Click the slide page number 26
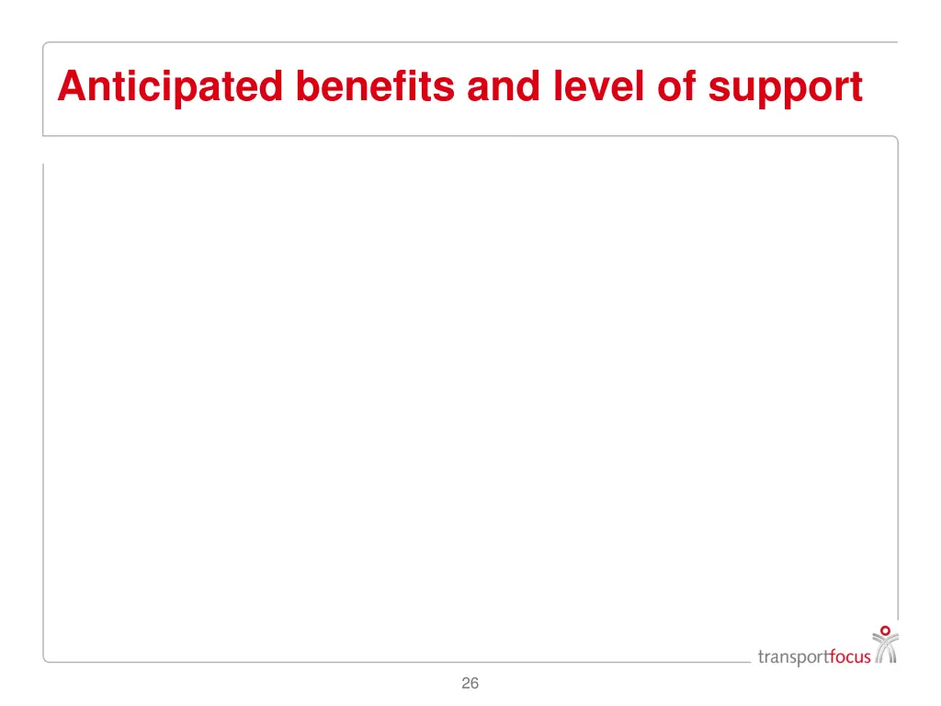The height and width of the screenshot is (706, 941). (x=470, y=683)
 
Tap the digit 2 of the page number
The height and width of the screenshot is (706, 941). (x=466, y=683)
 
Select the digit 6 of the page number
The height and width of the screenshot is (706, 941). (x=475, y=683)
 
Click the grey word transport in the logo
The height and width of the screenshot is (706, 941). (x=793, y=656)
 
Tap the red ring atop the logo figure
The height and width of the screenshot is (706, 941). (x=885, y=631)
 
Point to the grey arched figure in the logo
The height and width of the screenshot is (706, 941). (x=885, y=650)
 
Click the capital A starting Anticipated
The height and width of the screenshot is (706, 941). (x=70, y=87)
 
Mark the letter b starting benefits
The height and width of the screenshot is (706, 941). (x=308, y=87)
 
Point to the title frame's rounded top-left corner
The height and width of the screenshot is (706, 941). (x=46, y=45)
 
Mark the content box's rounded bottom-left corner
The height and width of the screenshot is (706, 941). (x=47, y=657)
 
